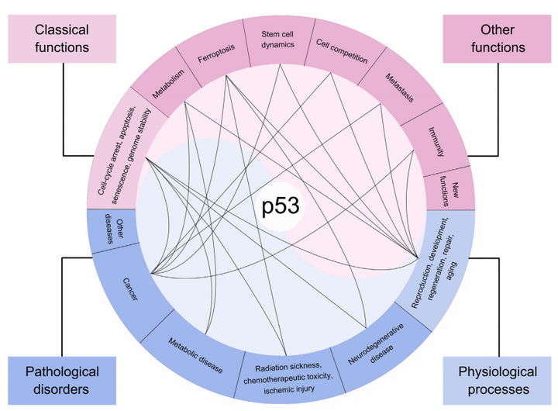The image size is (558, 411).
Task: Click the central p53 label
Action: click(279, 207)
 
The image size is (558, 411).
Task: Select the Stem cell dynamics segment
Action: click(278, 40)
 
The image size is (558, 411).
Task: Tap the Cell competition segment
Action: click(341, 52)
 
